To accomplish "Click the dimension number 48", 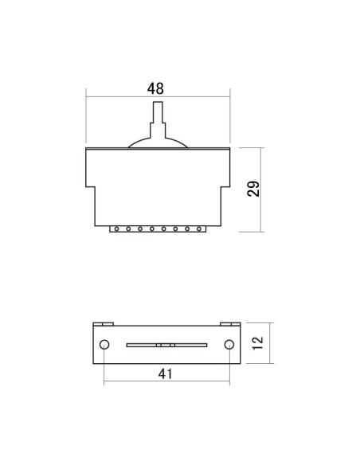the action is [155, 88].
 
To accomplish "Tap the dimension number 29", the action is [253, 189].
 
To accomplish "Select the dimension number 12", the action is [258, 343].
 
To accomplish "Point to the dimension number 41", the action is [165, 374].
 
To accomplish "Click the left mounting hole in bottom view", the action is [104, 344].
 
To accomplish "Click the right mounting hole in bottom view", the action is [229, 344].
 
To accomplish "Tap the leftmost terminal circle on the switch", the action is [116, 229].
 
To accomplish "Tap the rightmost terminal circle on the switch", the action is [199, 229].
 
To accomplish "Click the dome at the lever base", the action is [158, 143].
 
